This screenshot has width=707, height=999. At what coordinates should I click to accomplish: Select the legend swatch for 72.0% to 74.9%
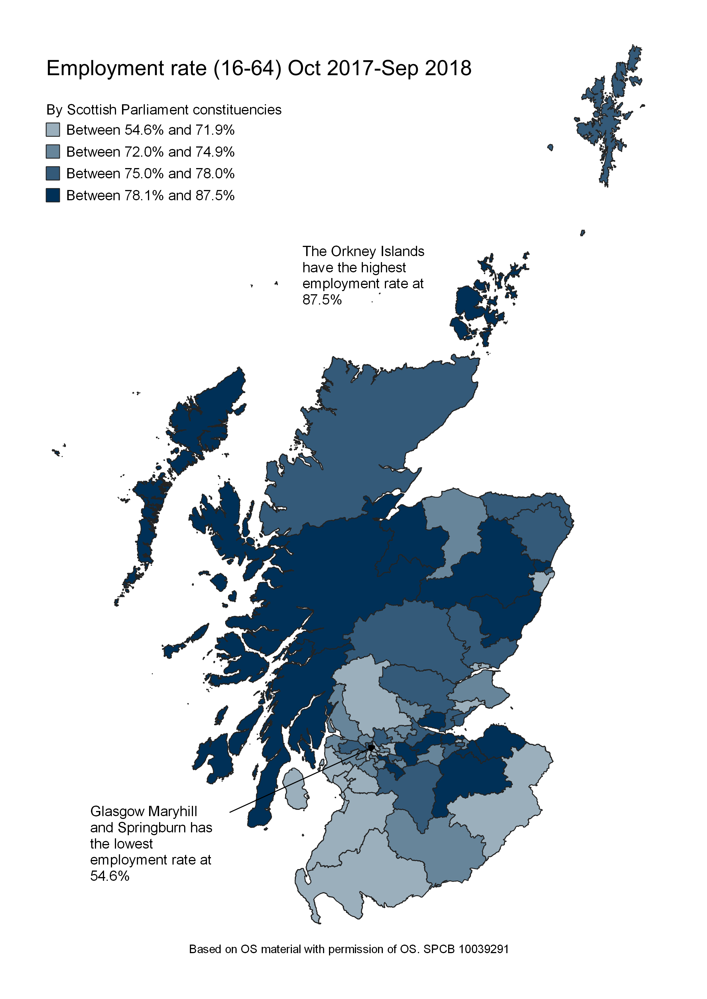point(53,152)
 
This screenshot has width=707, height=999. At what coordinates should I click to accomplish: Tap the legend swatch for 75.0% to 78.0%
point(53,173)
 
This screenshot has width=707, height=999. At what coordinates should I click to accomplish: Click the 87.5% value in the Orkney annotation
point(322,300)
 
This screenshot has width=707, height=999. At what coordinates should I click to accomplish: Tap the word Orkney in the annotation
point(353,252)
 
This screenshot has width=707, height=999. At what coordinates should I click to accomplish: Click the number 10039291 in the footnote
point(484,949)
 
